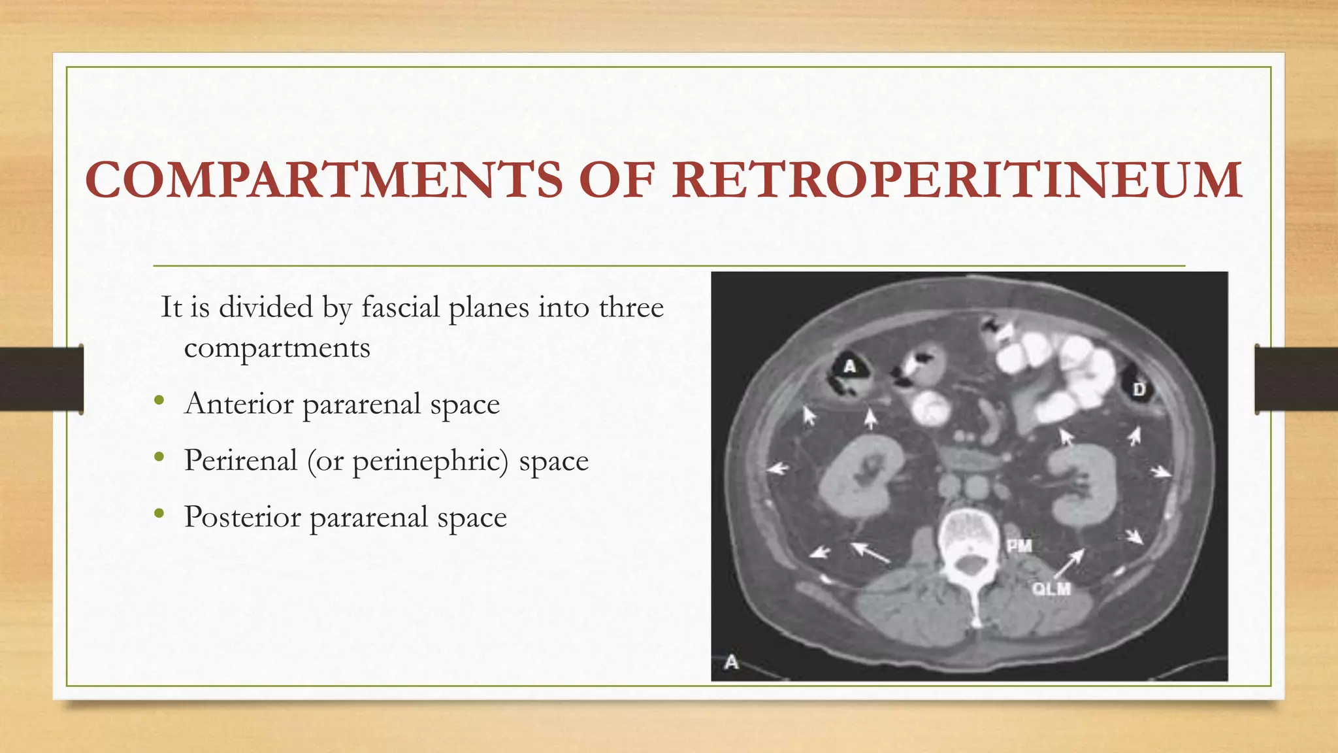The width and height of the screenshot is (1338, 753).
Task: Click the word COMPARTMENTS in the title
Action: pos(323,180)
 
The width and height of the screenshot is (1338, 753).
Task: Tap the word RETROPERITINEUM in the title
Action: pos(957,180)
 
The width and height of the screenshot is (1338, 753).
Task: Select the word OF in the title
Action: pos(616,180)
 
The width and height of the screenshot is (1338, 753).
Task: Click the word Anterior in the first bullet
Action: pos(239,403)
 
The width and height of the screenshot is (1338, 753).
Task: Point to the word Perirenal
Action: pos(240,460)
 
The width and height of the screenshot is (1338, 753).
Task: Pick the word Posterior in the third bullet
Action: pos(242,517)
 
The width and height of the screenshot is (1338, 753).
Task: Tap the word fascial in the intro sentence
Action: pos(400,307)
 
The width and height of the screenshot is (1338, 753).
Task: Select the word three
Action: pos(631,307)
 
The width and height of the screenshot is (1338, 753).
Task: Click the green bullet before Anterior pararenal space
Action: pos(159,401)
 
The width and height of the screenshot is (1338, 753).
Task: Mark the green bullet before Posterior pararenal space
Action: pos(159,514)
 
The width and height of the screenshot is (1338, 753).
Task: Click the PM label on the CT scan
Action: pos(1019,546)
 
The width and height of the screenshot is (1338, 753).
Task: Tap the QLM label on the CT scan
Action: pos(1051,589)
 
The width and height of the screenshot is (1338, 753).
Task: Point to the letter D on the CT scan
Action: pos(1139,390)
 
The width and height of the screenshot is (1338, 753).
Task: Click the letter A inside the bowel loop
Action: pos(849,367)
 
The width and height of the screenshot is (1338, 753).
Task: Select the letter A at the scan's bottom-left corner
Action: pos(732,662)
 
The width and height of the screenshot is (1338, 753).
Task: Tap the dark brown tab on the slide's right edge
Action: pos(1296,379)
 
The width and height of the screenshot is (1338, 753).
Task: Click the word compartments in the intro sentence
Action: pos(277,348)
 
